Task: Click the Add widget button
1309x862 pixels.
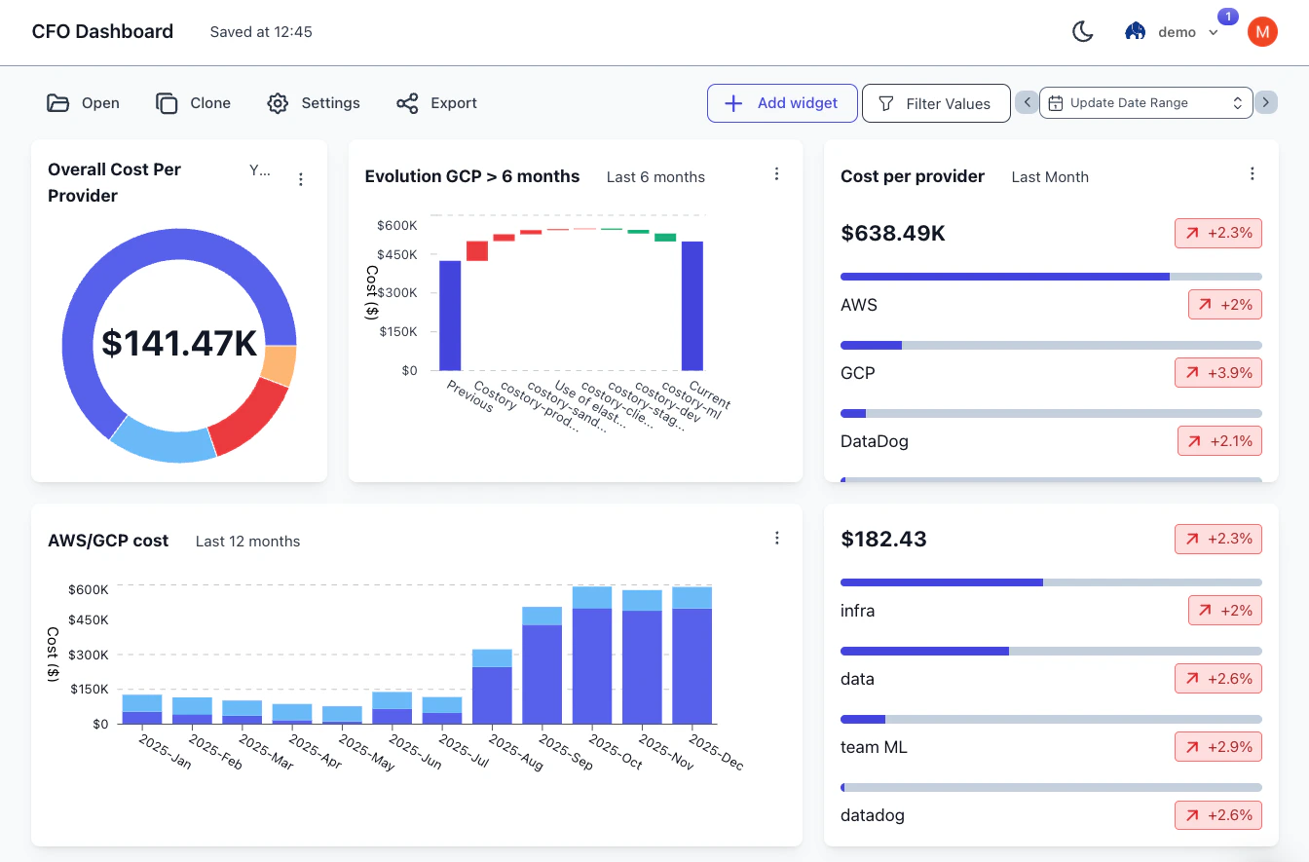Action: pos(782,103)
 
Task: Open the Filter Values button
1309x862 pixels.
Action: pos(935,103)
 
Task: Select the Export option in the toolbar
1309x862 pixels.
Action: pos(437,103)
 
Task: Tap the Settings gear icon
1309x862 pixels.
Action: pos(278,103)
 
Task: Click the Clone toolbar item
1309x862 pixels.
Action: pos(194,103)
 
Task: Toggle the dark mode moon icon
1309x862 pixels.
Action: pos(1082,32)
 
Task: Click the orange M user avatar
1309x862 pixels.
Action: pos(1262,32)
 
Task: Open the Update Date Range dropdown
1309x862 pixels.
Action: pos(1145,103)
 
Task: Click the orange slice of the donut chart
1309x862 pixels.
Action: pos(279,366)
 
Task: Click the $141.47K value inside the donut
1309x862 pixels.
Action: pos(179,344)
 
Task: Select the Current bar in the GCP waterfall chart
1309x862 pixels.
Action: pos(692,306)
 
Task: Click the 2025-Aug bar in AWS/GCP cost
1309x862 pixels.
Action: pos(492,693)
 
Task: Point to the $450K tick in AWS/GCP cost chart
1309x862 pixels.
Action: pos(88,619)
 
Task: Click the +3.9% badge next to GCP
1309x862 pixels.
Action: pos(1218,373)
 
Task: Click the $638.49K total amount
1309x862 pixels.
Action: pos(893,234)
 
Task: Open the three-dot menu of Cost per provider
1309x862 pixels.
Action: pos(1253,174)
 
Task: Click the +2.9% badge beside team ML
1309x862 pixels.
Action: pos(1218,747)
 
